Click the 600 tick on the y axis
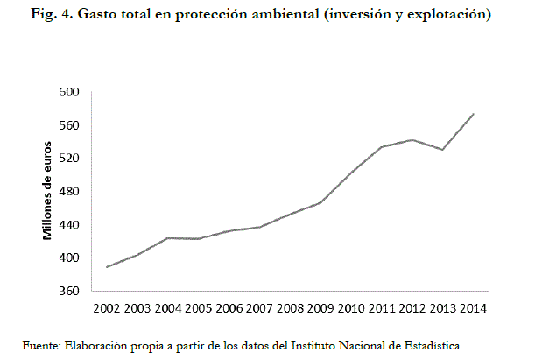pos(69,92)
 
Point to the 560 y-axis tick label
pos(69,125)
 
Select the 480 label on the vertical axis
pos(69,192)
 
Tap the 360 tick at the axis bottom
pos(69,291)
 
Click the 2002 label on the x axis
pos(107,308)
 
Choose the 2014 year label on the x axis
pos(473,308)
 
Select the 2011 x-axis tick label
pos(383,308)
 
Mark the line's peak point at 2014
pos(474,114)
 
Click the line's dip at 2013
pos(443,150)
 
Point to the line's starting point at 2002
pos(107,267)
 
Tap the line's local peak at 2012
pos(412,139)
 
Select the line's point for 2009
pos(321,202)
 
